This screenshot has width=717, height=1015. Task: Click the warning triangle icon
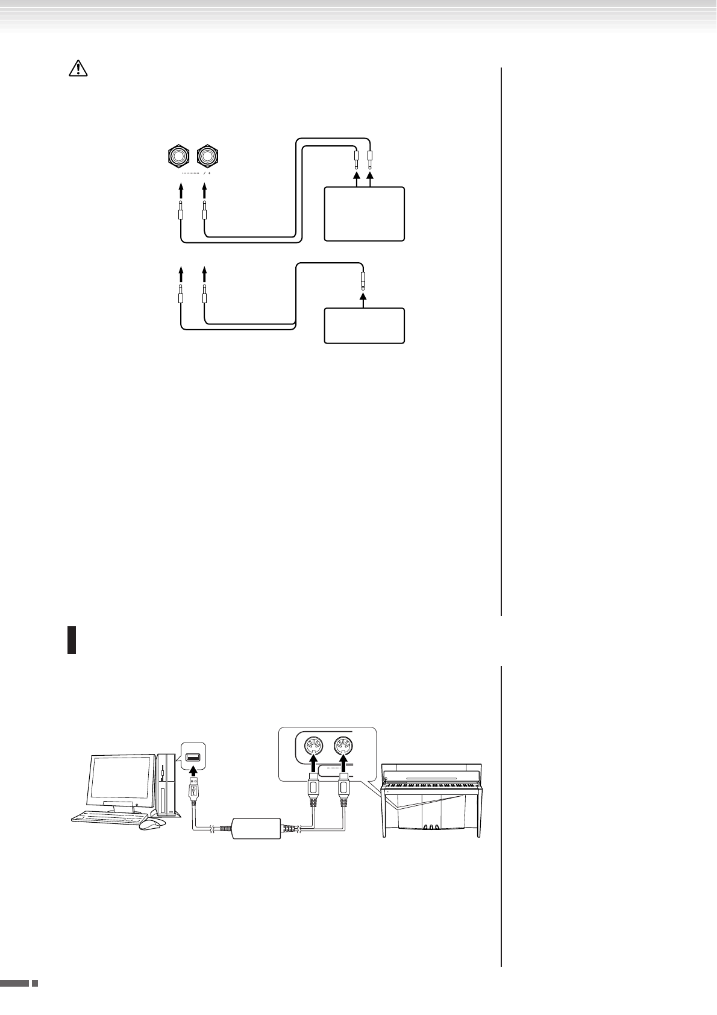(78, 69)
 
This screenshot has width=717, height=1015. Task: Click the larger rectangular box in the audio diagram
(364, 214)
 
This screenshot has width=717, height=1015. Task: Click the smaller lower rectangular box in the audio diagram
(364, 325)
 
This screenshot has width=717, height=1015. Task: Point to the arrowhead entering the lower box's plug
(363, 298)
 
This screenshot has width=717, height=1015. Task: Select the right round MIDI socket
(343, 749)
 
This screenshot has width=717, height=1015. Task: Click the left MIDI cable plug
(314, 795)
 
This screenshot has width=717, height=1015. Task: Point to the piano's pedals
(429, 828)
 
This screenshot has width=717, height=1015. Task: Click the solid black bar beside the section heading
(71, 640)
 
